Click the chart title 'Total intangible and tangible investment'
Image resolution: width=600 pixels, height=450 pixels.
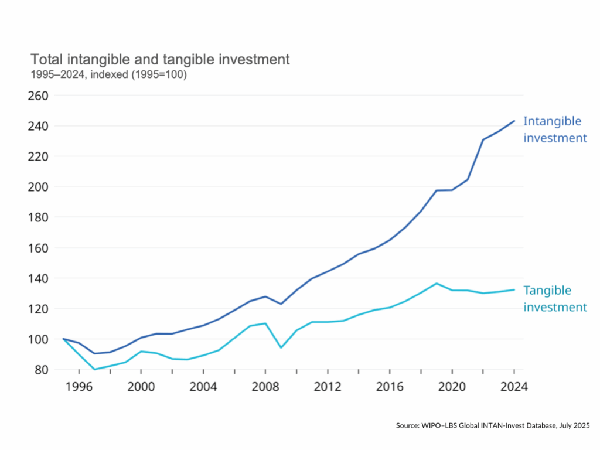point(160,60)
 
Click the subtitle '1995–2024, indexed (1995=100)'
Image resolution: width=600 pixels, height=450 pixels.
point(108,74)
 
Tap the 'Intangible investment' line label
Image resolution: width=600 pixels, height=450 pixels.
point(554,129)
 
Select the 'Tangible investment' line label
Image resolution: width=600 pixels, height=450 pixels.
point(554,299)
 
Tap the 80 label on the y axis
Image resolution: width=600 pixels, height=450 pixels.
point(42,370)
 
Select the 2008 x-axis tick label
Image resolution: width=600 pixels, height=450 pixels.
point(265,387)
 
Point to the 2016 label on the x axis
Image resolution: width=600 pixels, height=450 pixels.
point(390,387)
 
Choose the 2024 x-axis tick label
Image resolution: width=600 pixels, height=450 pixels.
point(514,387)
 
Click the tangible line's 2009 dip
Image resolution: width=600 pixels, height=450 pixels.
point(281,347)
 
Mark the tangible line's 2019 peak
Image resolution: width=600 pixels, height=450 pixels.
point(437,284)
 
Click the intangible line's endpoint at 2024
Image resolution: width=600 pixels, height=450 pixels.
point(514,121)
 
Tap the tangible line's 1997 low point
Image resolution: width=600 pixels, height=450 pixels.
point(94,369)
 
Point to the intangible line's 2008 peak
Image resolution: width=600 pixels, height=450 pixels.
point(265,296)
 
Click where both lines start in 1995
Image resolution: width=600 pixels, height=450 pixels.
point(63,339)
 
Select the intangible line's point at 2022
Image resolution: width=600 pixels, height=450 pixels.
point(483,139)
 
